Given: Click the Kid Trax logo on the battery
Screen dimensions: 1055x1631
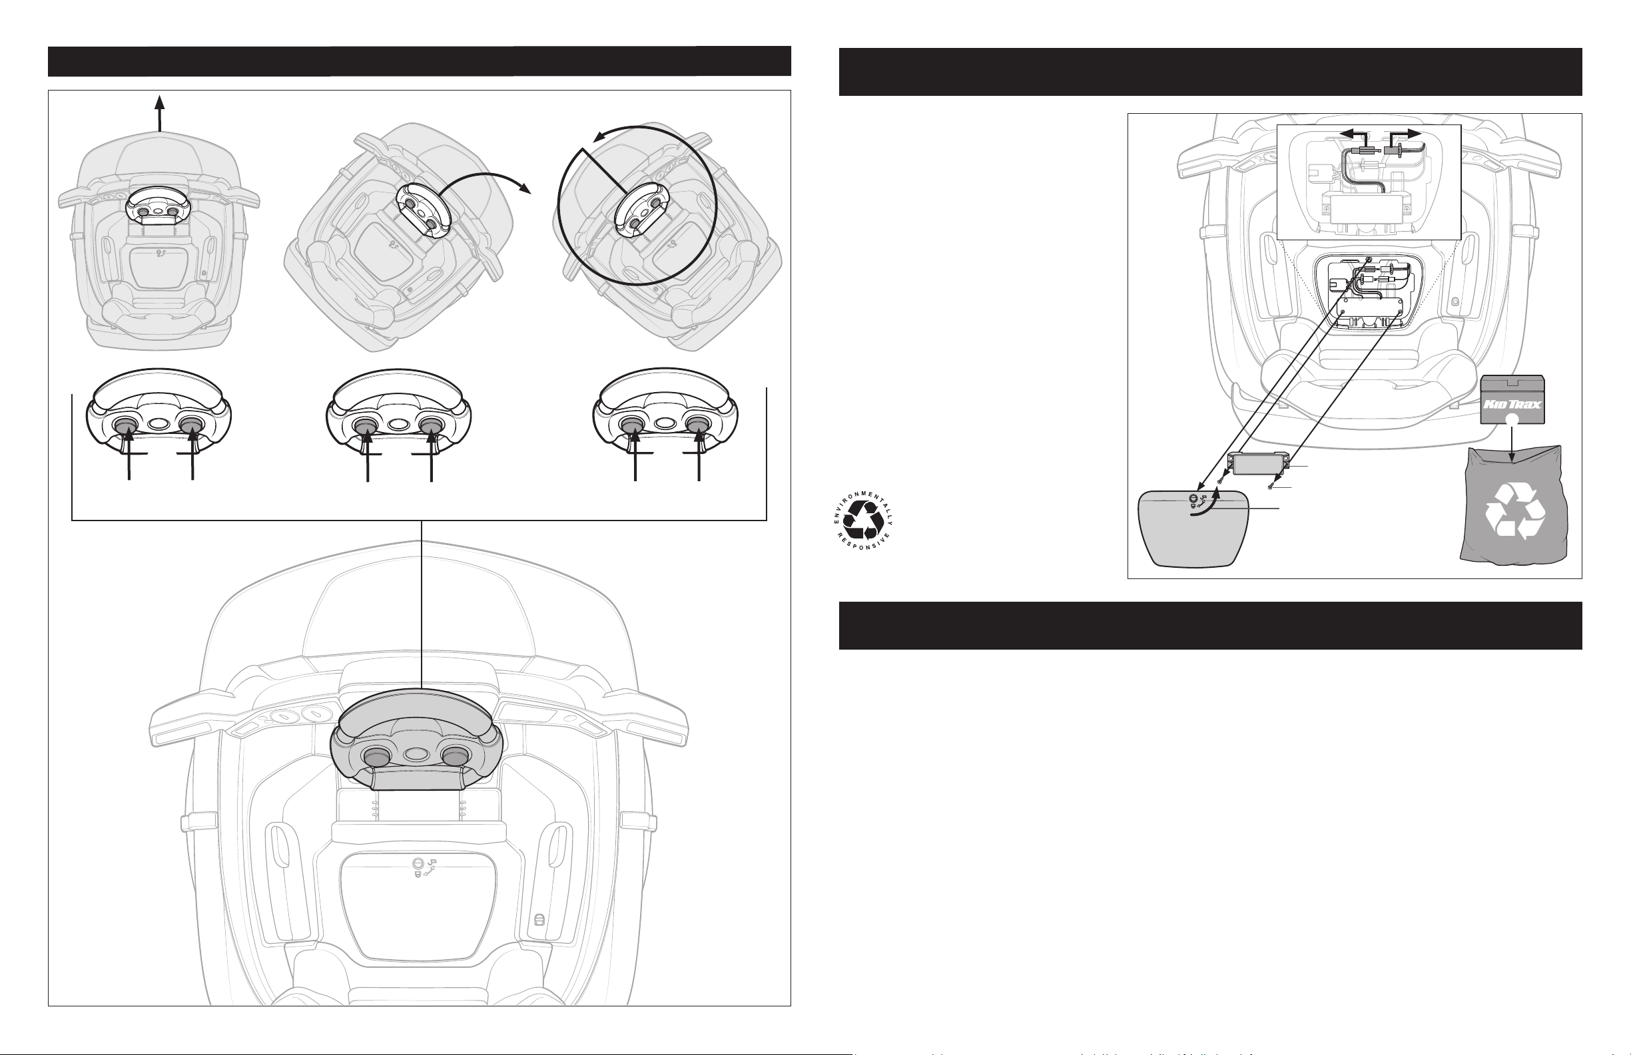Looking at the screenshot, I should (1512, 404).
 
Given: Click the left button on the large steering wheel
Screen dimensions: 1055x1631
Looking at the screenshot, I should (376, 756).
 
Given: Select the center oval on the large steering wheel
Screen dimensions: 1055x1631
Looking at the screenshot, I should (416, 753).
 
